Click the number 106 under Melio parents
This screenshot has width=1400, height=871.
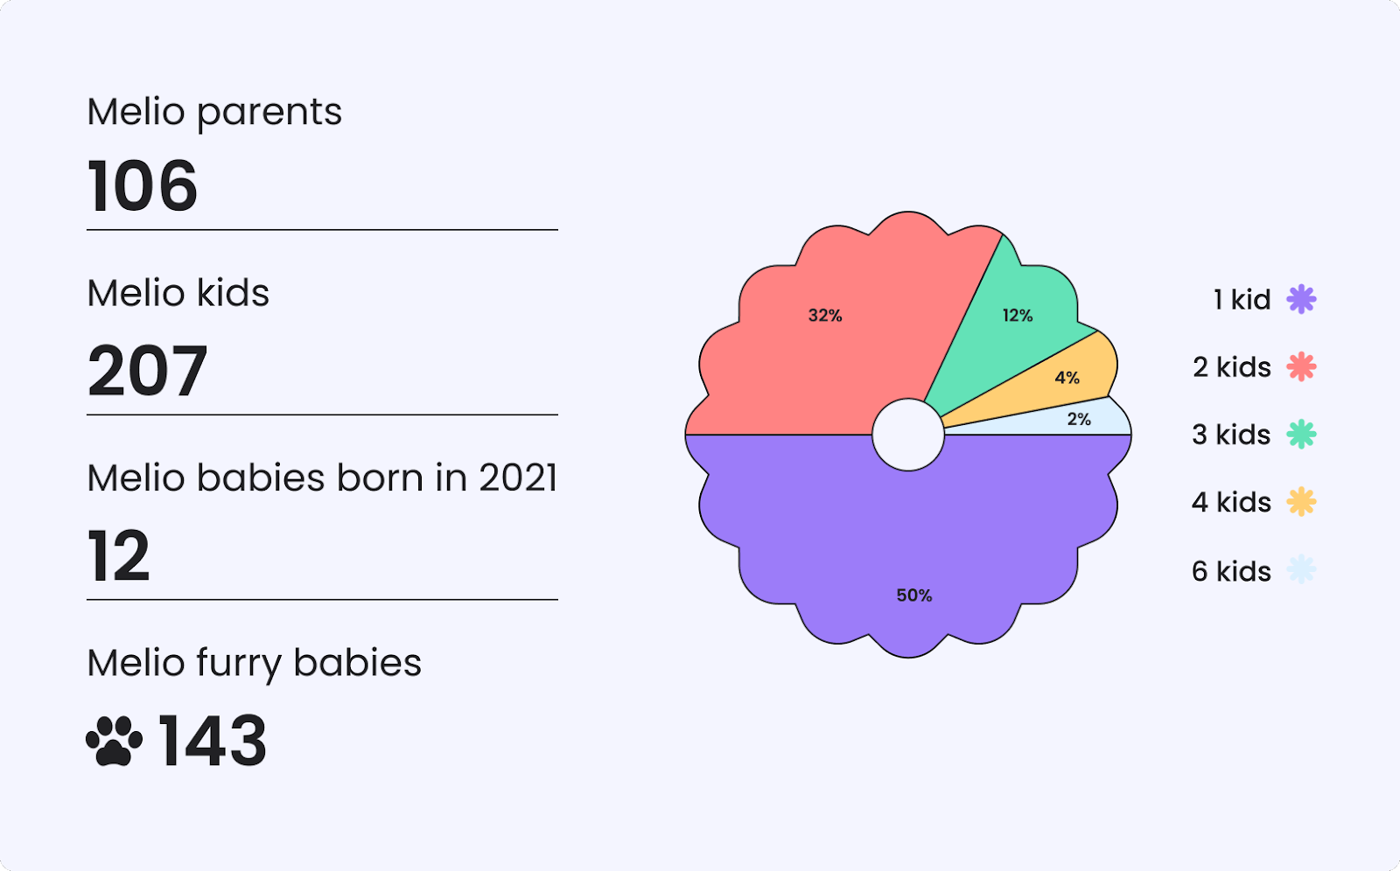point(142,185)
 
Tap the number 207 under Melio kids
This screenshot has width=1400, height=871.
point(147,371)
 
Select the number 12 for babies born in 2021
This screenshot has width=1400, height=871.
point(118,555)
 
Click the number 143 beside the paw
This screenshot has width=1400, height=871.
point(213,741)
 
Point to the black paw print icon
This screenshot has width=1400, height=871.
point(114,741)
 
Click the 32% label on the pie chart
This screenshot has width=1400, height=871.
point(825,316)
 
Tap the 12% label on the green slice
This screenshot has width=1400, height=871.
point(1018,316)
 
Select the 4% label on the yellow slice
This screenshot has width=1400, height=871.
point(1067,378)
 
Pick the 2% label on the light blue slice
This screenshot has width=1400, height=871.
point(1079,419)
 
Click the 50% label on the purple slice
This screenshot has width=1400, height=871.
point(914,596)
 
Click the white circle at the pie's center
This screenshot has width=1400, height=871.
point(908,435)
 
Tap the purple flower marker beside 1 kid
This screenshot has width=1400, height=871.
point(1301,299)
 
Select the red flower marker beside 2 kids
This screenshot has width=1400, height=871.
point(1301,366)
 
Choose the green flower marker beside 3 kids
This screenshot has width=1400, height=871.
point(1301,435)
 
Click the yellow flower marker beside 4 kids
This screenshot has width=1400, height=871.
point(1301,502)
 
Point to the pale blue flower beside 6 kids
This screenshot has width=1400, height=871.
point(1301,569)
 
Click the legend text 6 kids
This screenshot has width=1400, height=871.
point(1231,571)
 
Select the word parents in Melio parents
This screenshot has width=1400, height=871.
point(269,114)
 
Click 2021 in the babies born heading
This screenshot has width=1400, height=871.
point(518,478)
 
